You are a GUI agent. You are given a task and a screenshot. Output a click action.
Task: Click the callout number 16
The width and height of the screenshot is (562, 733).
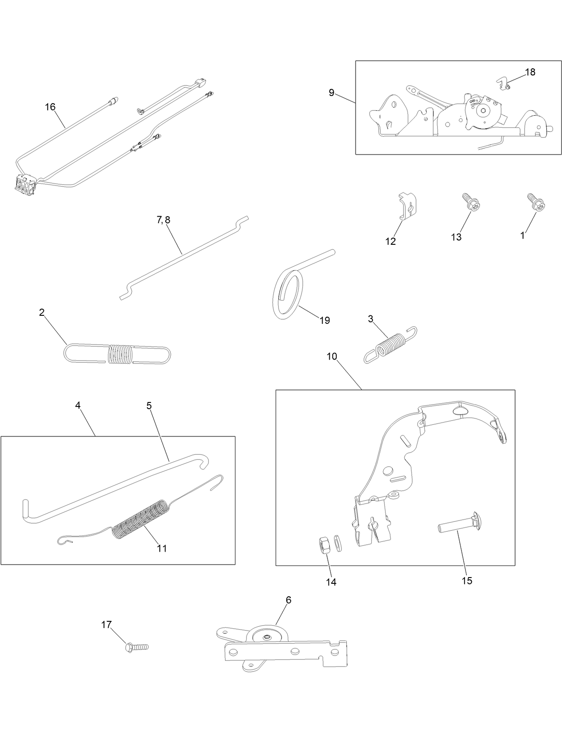coord(50,107)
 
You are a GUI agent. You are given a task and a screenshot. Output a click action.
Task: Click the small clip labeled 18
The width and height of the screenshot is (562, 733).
coord(504,83)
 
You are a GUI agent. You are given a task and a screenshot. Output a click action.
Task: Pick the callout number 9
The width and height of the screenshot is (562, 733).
coord(331,92)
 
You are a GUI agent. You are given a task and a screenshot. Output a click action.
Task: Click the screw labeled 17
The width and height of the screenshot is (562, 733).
coord(136,647)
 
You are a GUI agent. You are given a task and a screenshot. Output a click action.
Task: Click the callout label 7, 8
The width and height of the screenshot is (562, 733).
coord(164,220)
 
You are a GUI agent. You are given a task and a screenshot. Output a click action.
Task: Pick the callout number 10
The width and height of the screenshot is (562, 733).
coord(332,356)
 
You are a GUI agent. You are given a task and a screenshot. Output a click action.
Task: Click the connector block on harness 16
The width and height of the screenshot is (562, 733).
coord(25,185)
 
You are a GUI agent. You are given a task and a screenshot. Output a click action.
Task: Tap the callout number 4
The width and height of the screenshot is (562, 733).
coord(78,405)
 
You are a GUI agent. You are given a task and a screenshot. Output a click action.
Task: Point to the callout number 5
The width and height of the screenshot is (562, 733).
coord(149,406)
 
